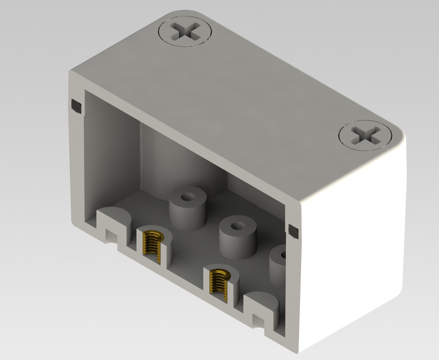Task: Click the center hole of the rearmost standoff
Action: coord(187,199)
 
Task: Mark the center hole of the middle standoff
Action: coord(238,227)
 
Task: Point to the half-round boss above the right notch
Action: coord(262,301)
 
